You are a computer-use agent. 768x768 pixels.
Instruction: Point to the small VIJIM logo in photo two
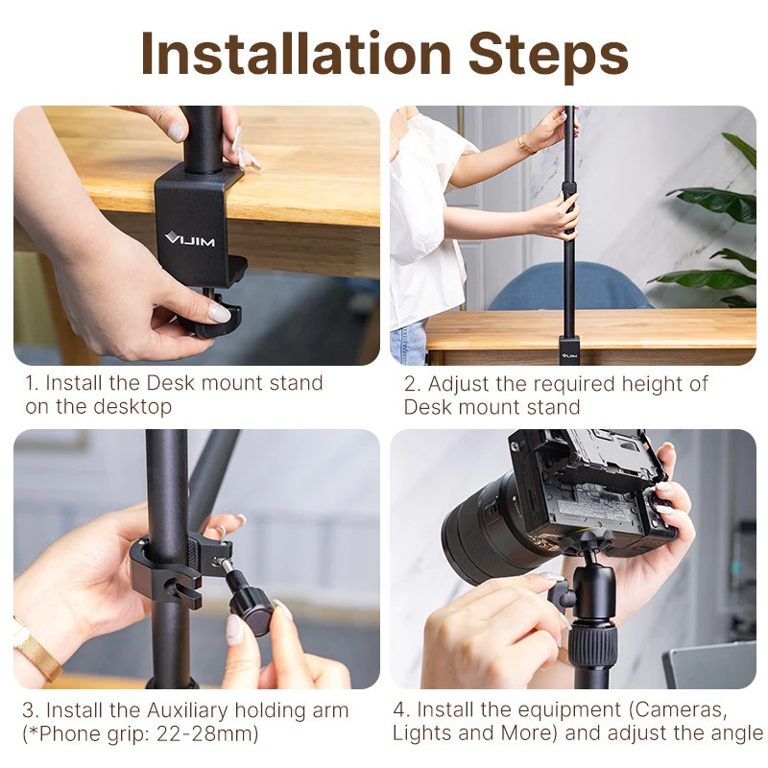[x=569, y=353]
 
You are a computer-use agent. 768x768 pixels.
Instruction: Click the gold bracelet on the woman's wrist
[x=525, y=144]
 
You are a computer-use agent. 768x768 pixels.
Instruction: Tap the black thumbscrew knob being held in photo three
[x=251, y=604]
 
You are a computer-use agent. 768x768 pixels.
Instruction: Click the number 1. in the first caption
[x=32, y=383]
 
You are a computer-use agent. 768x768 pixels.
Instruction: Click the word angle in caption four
[x=735, y=734]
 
